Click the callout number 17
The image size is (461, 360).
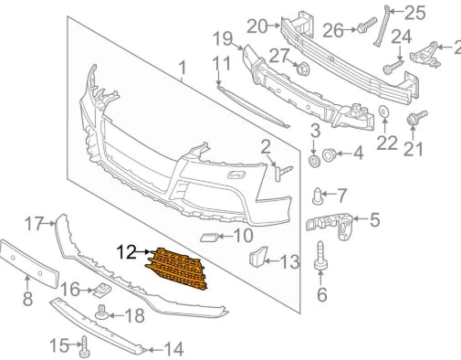[x=34, y=222]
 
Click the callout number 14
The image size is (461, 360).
[x=173, y=348]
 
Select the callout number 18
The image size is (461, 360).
[x=134, y=316]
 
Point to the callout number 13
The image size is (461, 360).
[x=288, y=262]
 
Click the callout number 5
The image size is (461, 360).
[x=374, y=219]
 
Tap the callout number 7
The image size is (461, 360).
[x=342, y=195]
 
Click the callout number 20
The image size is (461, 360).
[x=257, y=26]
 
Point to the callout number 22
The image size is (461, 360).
[x=387, y=142]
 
